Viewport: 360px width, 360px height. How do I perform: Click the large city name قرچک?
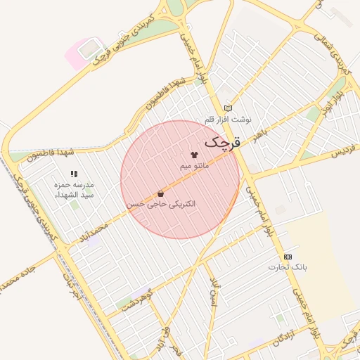(x=222, y=143)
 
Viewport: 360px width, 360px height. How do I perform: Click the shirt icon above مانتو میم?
(x=194, y=153)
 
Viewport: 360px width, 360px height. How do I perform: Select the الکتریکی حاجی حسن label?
(x=161, y=204)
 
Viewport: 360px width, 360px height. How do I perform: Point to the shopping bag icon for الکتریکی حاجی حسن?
(x=161, y=193)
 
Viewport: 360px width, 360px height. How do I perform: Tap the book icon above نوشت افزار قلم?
(x=227, y=108)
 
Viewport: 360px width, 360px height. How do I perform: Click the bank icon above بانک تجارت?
(x=288, y=257)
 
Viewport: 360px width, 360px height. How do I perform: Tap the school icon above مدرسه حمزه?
(x=74, y=174)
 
